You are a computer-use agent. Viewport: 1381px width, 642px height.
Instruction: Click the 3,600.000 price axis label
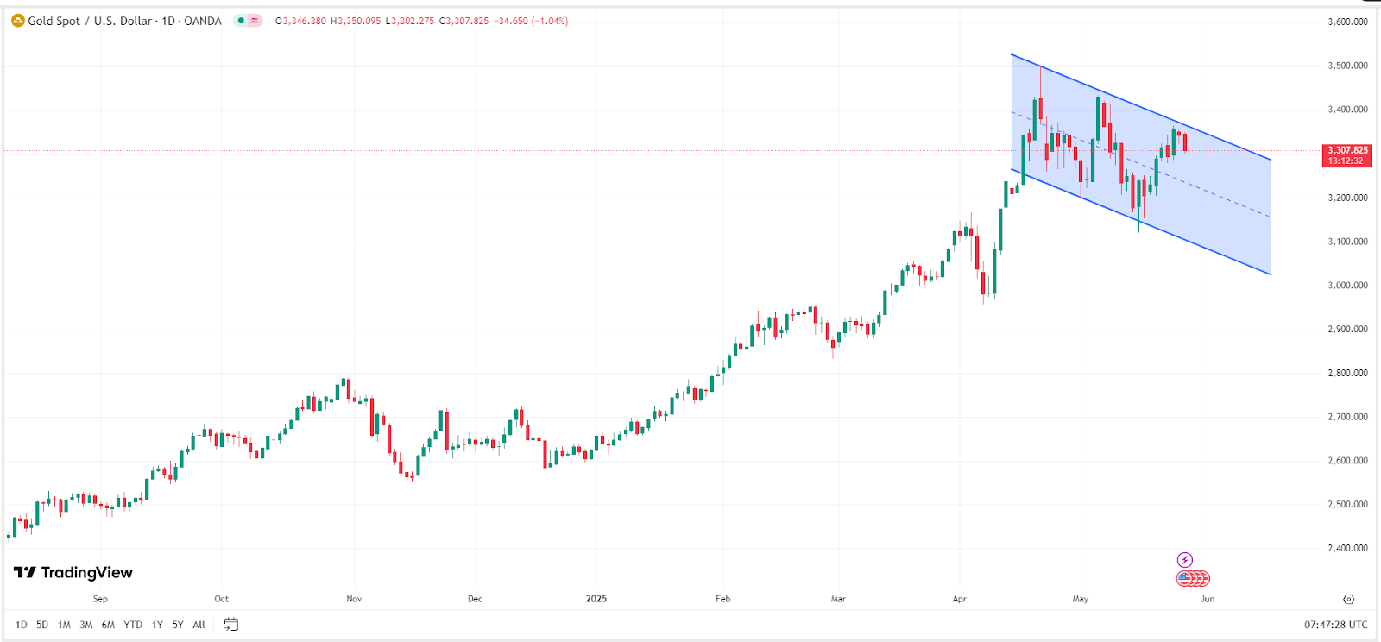(1347, 22)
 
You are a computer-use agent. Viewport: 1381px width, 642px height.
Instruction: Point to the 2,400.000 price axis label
(1347, 548)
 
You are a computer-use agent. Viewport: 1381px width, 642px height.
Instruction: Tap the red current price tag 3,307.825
(1346, 155)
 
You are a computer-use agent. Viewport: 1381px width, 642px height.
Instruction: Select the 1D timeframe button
(21, 625)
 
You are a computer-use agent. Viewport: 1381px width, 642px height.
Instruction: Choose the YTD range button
(132, 625)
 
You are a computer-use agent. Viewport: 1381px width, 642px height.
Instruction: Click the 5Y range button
(177, 625)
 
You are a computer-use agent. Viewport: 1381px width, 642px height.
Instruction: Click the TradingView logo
(73, 572)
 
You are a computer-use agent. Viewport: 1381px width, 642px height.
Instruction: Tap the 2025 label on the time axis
(596, 599)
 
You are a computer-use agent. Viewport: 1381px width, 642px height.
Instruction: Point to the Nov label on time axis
(354, 599)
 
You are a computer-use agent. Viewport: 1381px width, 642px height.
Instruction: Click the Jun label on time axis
(1207, 599)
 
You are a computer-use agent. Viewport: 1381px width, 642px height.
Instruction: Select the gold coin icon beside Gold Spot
(17, 21)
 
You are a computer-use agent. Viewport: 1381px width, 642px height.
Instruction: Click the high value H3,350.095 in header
(356, 21)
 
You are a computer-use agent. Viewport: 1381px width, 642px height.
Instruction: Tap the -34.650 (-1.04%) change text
(531, 21)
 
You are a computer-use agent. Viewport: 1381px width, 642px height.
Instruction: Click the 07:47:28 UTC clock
(1335, 625)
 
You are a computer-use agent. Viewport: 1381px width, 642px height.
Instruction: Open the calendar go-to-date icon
(230, 624)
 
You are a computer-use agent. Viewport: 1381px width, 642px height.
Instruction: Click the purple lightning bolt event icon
(1185, 560)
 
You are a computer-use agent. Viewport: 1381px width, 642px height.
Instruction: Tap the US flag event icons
(1193, 578)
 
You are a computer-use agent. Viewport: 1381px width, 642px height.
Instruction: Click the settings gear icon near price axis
(1348, 599)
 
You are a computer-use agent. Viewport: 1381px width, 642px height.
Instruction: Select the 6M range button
(108, 625)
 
